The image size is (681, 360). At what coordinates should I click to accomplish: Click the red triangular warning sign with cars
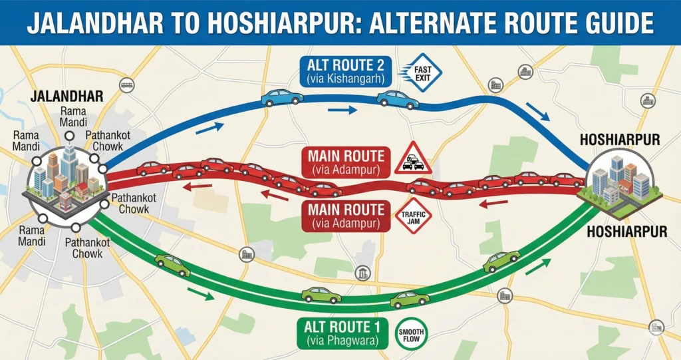pyautogui.click(x=412, y=159)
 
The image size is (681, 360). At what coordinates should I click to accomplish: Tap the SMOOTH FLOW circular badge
pyautogui.click(x=410, y=333)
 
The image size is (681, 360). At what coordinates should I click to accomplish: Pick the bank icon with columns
pyautogui.click(x=363, y=273)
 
